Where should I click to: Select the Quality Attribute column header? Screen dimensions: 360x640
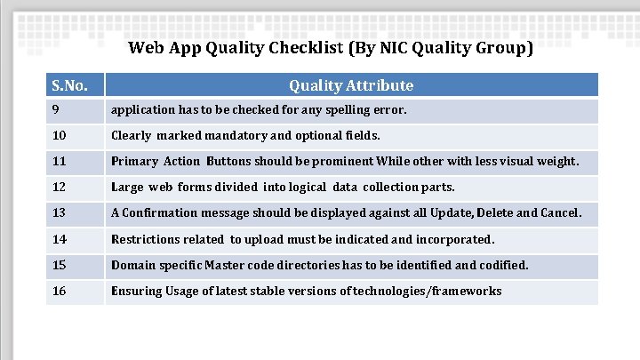pos(351,86)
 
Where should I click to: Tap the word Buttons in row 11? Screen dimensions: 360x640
pos(228,162)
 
